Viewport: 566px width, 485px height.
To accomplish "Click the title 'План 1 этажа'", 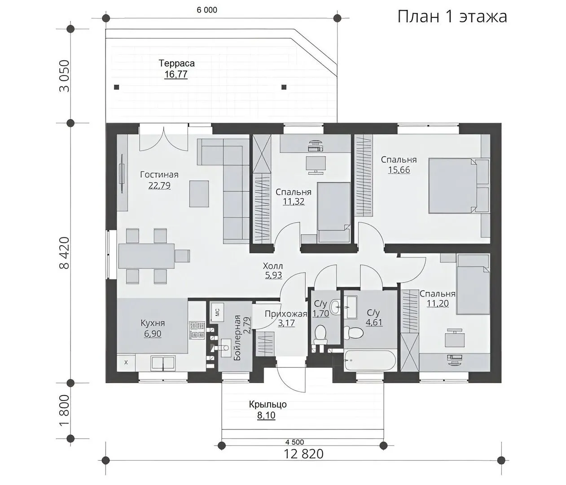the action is pyautogui.click(x=452, y=17).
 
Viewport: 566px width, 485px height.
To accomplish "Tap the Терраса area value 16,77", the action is pyautogui.click(x=176, y=74).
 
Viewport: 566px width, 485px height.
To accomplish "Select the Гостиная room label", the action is pyautogui.click(x=159, y=175).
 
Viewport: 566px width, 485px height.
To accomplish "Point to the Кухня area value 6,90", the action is pyautogui.click(x=152, y=334).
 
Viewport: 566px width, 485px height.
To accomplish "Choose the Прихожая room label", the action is pyautogui.click(x=285, y=314).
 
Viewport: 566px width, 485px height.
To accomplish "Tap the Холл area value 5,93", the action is pyautogui.click(x=273, y=275).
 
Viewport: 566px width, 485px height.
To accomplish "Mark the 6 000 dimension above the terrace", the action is pyautogui.click(x=207, y=10).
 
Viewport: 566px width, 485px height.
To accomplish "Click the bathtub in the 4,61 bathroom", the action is pyautogui.click(x=370, y=361).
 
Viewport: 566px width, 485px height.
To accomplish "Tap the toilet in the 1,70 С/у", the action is pyautogui.click(x=320, y=335).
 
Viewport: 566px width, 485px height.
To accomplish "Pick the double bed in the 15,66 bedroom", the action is pyautogui.click(x=459, y=185).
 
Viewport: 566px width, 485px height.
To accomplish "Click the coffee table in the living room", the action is pyautogui.click(x=199, y=194).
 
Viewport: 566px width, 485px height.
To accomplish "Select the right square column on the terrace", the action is pyautogui.click(x=284, y=87).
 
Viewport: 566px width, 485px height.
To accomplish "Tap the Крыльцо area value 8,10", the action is pyautogui.click(x=266, y=415).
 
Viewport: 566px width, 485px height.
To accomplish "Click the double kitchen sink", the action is pyautogui.click(x=163, y=363).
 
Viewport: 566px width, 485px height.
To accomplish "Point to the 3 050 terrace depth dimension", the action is pyautogui.click(x=65, y=76).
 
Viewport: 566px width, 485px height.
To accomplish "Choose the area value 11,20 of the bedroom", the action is pyautogui.click(x=437, y=303).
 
